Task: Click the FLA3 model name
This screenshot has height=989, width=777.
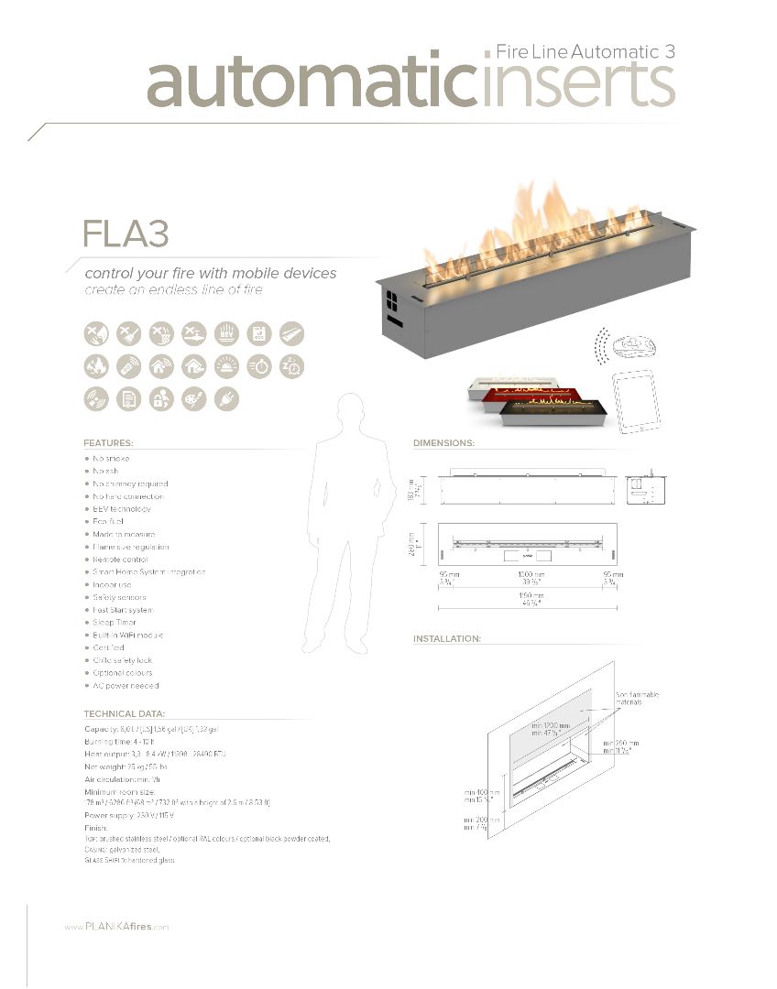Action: click(126, 234)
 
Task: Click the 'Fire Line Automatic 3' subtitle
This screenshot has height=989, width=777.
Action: click(585, 51)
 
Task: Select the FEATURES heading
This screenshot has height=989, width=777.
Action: click(108, 442)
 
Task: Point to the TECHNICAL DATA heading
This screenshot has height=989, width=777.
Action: click(125, 713)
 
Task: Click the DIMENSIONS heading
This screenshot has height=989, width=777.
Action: click(443, 442)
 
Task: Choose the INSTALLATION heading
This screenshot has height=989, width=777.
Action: click(447, 638)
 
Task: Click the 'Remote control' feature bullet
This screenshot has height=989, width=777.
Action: click(119, 560)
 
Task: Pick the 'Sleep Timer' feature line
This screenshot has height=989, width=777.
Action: click(114, 623)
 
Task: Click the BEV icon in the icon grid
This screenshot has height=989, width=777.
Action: click(225, 333)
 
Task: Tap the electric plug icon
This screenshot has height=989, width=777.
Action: click(225, 398)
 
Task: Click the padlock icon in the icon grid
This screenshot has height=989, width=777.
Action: click(161, 398)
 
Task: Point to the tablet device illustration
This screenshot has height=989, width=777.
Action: click(633, 401)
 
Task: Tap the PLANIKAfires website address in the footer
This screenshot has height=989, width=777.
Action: click(116, 928)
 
